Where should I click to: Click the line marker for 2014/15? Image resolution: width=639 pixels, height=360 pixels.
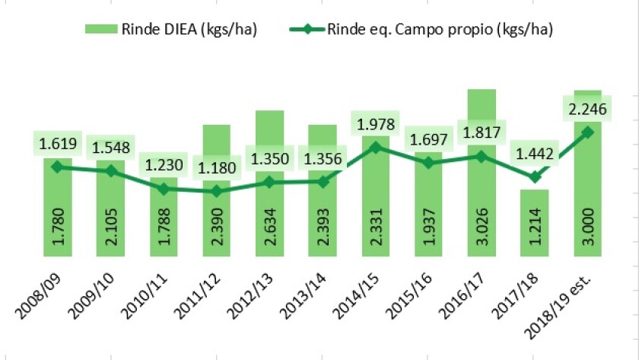point(376,146)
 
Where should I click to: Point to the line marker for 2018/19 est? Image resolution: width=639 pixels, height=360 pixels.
point(587,131)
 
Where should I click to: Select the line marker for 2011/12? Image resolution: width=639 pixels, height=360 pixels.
point(217,191)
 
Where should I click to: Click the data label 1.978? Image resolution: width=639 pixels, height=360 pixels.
point(375,123)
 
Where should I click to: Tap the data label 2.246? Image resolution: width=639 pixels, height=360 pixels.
point(587,109)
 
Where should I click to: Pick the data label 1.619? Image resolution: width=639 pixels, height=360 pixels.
point(58,142)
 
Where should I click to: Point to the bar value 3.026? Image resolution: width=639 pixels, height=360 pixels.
point(482,222)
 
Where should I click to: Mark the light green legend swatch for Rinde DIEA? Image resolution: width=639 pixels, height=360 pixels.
point(100,30)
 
